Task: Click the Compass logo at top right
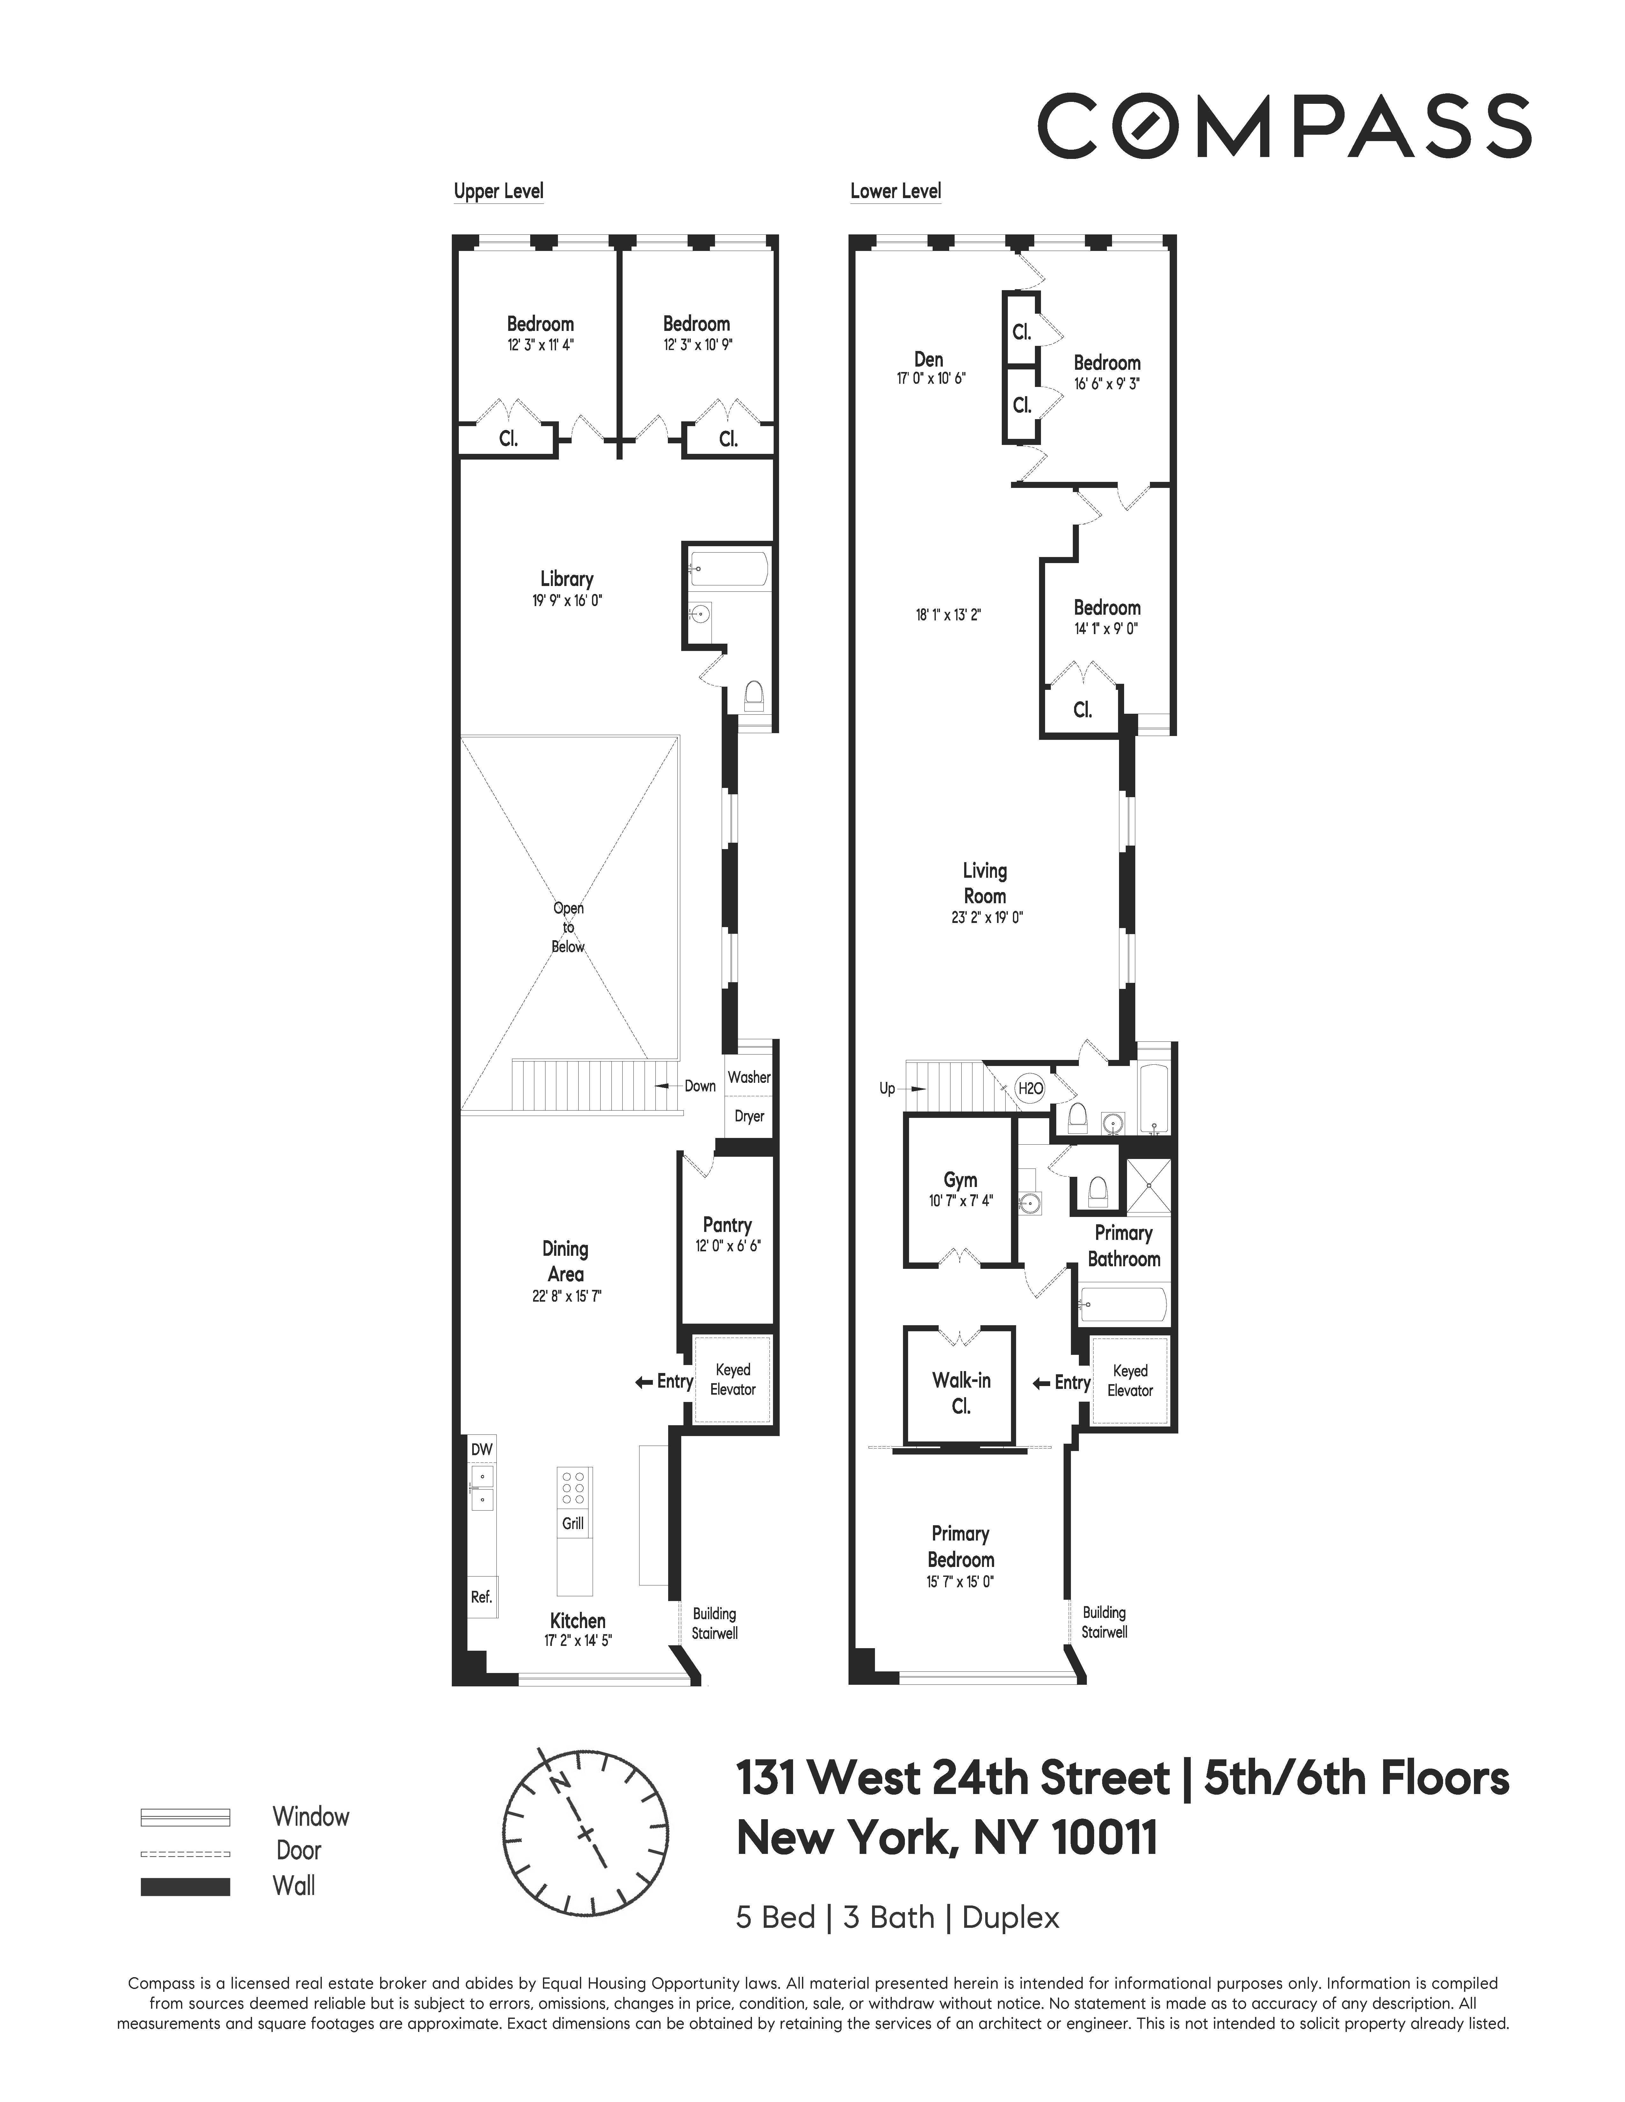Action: (x=1283, y=126)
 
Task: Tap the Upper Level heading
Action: (x=498, y=191)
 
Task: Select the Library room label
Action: (x=566, y=578)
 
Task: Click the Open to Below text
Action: (x=568, y=927)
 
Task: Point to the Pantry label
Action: (x=727, y=1224)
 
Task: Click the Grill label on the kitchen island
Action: (x=573, y=1523)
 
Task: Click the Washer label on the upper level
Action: (x=749, y=1077)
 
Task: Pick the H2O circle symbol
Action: (x=1030, y=1089)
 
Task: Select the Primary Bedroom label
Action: (x=960, y=1547)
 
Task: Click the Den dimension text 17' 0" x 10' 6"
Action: (x=930, y=379)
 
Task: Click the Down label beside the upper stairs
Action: (x=700, y=1086)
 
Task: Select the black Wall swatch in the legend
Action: (x=185, y=1886)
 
